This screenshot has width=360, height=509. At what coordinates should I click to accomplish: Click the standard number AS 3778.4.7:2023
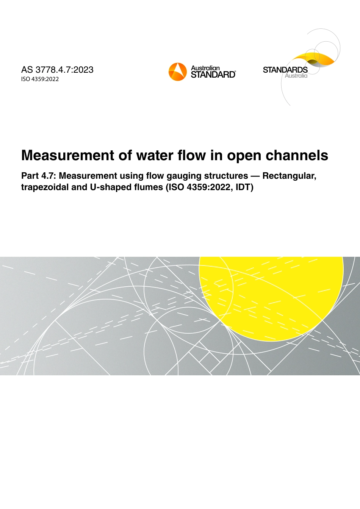[57, 70]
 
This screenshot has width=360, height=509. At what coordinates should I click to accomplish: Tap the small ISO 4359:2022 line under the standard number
[40, 79]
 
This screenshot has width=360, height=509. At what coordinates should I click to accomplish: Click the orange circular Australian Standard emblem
[178, 72]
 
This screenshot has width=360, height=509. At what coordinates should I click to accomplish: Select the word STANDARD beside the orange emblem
[213, 75]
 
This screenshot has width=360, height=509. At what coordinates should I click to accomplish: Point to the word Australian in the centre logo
[205, 68]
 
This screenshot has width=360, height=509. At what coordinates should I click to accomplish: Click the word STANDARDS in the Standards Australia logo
[285, 70]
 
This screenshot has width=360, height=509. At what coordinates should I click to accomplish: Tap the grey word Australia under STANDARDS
[296, 76]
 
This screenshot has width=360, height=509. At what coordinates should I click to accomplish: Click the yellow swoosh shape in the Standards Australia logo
[315, 58]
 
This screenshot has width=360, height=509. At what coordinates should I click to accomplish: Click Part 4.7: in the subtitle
[39, 176]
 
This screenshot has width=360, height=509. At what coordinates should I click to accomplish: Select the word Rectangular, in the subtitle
[289, 176]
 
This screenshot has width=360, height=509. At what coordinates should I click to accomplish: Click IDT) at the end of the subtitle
[244, 187]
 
